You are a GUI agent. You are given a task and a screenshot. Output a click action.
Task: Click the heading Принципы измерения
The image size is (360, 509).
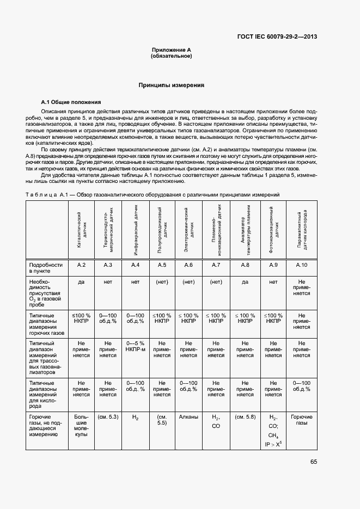(171, 85)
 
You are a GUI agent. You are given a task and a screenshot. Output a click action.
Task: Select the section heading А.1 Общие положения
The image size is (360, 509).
(71, 102)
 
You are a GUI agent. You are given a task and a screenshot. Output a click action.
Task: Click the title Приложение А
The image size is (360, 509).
(171, 50)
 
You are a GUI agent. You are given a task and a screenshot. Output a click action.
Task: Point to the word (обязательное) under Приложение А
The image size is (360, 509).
(171, 56)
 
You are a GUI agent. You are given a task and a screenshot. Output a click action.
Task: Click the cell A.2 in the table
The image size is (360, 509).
(81, 265)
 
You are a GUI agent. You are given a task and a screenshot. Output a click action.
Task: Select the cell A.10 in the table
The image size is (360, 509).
(301, 265)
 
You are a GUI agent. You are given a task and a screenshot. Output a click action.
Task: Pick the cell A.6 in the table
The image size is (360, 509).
(188, 265)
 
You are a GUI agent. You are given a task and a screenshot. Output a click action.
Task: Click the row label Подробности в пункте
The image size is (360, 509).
(46, 267)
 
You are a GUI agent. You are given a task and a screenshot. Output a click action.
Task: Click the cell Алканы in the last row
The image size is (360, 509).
(188, 416)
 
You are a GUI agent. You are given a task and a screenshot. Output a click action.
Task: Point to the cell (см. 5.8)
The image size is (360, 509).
(245, 416)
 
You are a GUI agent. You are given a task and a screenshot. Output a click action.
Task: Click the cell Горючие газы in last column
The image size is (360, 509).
(301, 420)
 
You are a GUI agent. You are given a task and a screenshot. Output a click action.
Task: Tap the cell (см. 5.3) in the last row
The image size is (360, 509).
(108, 416)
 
